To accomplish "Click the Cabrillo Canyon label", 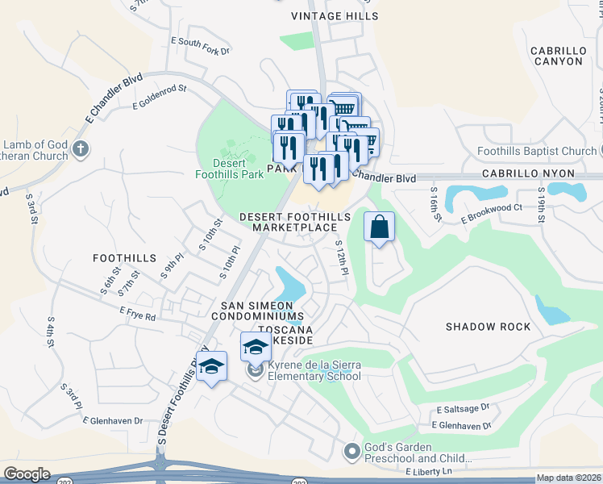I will [557, 56].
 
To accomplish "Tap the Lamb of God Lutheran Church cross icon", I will [79, 148].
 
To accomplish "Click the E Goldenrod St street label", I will [160, 97].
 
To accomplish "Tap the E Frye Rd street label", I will [137, 314].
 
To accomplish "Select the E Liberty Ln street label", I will [430, 471].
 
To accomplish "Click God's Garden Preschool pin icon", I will [351, 453].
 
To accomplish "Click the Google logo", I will [27, 474].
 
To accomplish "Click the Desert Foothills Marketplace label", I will [294, 223].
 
